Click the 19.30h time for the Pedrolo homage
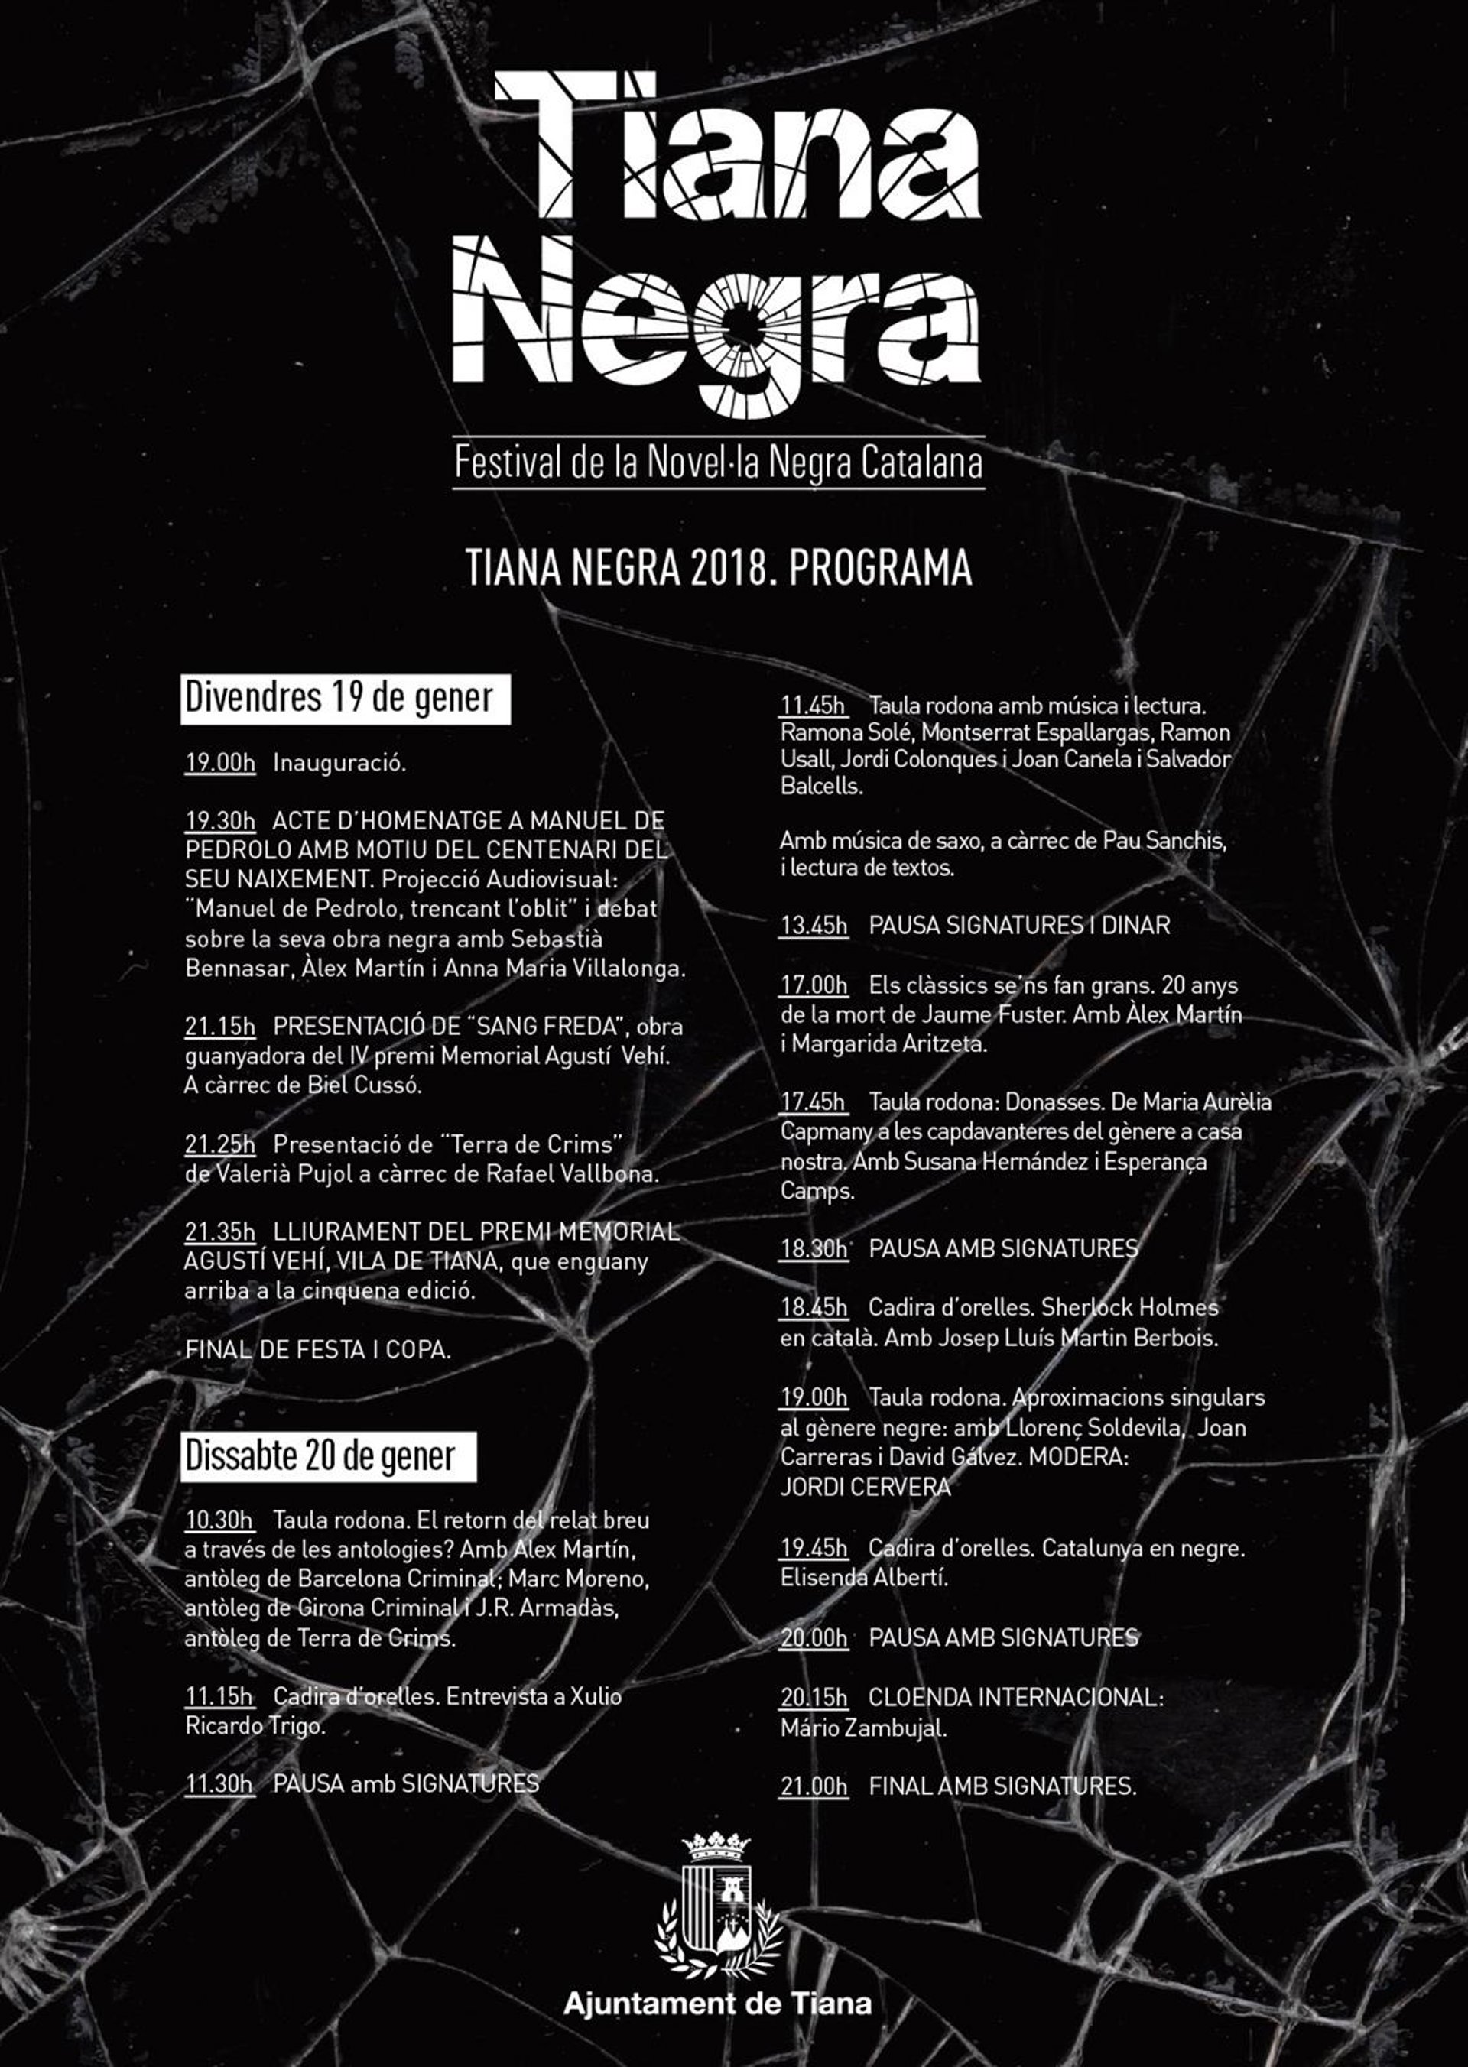pyautogui.click(x=219, y=821)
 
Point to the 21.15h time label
pyautogui.click(x=219, y=1026)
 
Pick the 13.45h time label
pyautogui.click(x=814, y=926)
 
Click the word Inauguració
pyautogui.click(x=339, y=763)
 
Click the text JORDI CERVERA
pyautogui.click(x=865, y=1487)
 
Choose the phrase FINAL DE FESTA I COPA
pyautogui.click(x=317, y=1349)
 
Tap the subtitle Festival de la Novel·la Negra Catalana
pyautogui.click(x=718, y=462)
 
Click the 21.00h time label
pyautogui.click(x=814, y=1786)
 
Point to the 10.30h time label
pyautogui.click(x=219, y=1520)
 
